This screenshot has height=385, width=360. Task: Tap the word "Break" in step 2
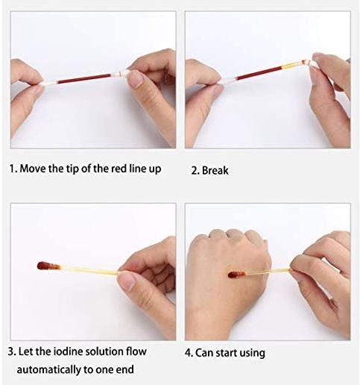215,171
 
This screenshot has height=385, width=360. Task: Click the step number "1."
13,169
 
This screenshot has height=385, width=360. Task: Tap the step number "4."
189,353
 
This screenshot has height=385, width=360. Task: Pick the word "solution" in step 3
104,351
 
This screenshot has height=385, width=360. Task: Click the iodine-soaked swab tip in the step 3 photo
48,266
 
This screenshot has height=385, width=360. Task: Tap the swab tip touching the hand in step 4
236,275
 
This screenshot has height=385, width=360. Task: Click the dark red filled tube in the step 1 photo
84,78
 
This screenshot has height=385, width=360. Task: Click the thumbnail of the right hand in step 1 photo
135,78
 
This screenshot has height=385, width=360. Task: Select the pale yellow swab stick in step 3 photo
89,270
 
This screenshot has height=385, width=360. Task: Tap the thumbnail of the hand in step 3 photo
126,280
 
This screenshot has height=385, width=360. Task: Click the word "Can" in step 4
204,353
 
